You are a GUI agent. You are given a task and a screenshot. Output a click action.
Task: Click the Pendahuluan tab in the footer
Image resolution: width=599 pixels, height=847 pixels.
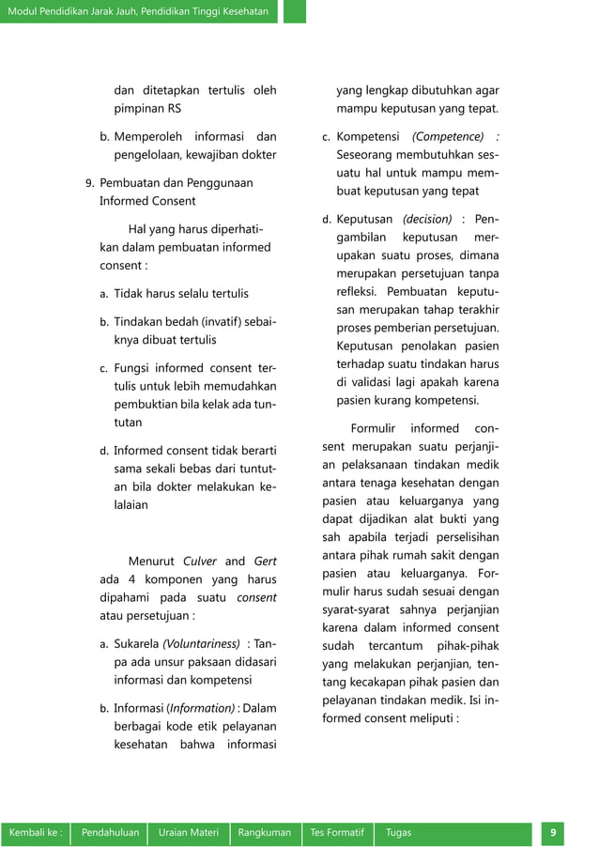pyautogui.click(x=110, y=833)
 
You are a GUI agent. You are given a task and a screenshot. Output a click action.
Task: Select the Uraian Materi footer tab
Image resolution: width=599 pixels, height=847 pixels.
pyautogui.click(x=188, y=833)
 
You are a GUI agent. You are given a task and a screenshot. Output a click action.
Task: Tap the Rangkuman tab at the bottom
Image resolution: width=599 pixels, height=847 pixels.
pyautogui.click(x=265, y=833)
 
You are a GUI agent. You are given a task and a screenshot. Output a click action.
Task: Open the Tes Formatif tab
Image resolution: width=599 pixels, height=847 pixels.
pyautogui.click(x=337, y=833)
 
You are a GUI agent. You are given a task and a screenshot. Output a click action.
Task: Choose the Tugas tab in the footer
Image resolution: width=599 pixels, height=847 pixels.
pyautogui.click(x=398, y=833)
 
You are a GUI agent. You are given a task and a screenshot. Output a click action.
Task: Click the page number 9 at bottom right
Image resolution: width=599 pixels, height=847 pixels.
pyautogui.click(x=553, y=833)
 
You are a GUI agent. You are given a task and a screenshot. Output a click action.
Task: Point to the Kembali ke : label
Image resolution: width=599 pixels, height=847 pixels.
pyautogui.click(x=36, y=833)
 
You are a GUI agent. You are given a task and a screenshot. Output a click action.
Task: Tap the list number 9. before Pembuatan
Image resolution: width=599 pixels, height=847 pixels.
pyautogui.click(x=90, y=183)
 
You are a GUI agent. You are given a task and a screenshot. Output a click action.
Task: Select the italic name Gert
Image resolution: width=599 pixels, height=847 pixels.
pyautogui.click(x=265, y=562)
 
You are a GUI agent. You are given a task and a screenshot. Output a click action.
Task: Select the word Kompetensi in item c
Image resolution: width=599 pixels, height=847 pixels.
pyautogui.click(x=368, y=136)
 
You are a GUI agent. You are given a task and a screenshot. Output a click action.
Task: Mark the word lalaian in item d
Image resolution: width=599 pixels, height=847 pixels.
pyautogui.click(x=131, y=504)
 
